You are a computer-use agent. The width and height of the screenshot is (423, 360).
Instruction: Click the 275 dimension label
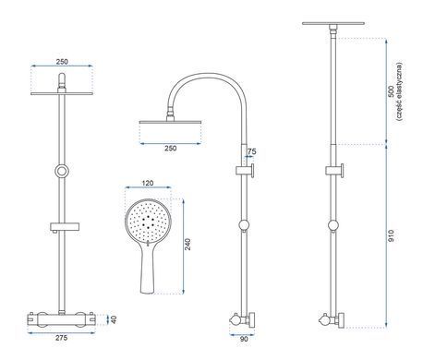coord(61,338)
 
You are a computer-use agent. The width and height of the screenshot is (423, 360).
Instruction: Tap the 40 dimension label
coord(114,319)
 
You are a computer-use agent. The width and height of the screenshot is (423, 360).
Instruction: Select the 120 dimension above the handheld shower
coord(148,183)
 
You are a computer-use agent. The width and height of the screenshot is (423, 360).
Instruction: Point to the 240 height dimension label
coord(187,244)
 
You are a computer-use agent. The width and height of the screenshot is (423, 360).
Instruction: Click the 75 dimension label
coord(251,151)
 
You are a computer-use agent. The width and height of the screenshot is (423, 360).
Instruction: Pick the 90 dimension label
coord(244,339)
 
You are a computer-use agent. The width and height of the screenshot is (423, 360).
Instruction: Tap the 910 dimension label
coord(391,235)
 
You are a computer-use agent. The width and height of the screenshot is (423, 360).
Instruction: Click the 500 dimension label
coord(391,91)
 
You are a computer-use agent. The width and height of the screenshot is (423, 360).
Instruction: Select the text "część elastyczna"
coord(399,91)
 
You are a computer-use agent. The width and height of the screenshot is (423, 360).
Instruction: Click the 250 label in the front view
coord(62,62)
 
